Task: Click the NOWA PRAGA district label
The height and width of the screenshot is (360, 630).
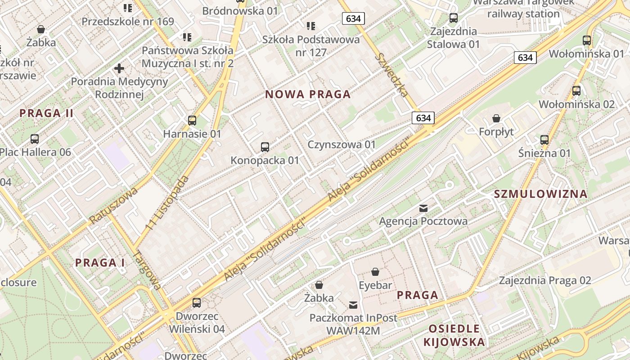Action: point(308,94)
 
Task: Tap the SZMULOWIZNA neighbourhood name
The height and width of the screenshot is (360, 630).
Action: point(540,194)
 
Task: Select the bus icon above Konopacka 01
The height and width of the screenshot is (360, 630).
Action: point(265,147)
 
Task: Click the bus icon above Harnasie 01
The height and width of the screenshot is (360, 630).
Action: point(192,120)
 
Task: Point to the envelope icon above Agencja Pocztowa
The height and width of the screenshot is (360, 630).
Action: point(423,208)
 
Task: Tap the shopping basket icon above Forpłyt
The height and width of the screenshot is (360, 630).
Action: point(496,118)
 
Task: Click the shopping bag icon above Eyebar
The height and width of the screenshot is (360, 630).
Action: point(375,272)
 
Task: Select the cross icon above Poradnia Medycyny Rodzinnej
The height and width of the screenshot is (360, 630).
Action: point(119,68)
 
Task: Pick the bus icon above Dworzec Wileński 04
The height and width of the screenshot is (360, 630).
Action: point(197,302)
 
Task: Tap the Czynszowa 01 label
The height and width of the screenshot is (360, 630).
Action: point(342,144)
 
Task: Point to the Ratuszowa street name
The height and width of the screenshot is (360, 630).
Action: point(113,205)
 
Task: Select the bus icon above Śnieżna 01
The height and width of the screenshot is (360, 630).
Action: point(544,139)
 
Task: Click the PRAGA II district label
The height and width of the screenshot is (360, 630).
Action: point(46,113)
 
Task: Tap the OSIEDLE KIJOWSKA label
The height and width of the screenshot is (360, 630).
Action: point(454,335)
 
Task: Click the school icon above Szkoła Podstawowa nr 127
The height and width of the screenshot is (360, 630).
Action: point(311,26)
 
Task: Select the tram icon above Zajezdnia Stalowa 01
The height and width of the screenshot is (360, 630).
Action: point(454,18)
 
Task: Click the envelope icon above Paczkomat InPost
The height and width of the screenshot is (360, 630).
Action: point(353,305)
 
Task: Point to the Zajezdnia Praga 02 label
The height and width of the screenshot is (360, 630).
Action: point(545,281)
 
